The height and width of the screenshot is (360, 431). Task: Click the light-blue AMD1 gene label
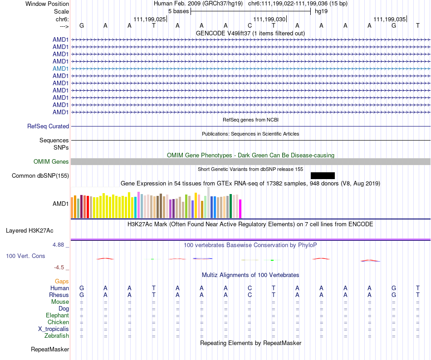(61, 68)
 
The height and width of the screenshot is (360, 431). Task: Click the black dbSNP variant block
(323, 175)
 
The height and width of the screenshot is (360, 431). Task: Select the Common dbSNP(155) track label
(40, 176)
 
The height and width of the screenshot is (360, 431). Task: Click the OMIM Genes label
(51, 162)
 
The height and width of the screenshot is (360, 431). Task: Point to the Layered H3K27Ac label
(29, 231)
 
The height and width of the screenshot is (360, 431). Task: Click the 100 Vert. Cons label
(25, 256)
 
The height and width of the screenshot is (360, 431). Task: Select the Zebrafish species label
(57, 336)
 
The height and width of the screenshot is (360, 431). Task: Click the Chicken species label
(58, 322)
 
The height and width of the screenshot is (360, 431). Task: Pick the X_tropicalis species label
(54, 329)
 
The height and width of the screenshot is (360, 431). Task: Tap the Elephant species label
(57, 316)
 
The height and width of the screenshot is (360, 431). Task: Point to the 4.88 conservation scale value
(60, 245)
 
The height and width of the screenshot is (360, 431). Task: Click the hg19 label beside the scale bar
(321, 11)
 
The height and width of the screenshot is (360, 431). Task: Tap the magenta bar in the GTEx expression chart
(240, 209)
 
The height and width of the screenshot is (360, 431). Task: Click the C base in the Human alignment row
(250, 288)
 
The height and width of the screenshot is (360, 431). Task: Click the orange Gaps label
(62, 282)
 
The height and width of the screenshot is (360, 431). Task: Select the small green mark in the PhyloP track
(272, 260)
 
